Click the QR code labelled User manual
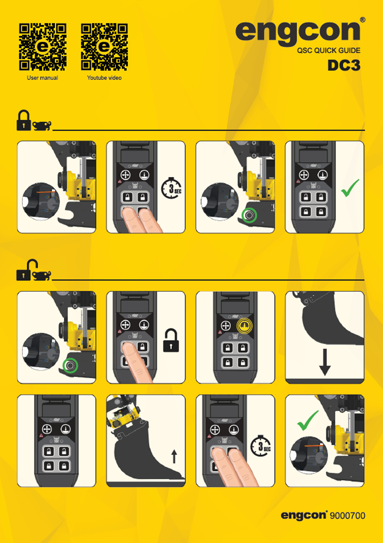[x=43, y=47]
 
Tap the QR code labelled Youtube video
[x=104, y=47]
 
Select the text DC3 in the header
[x=344, y=65]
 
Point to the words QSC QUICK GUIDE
[x=329, y=50]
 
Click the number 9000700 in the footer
[x=347, y=515]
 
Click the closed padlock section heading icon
[x=24, y=120]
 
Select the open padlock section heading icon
[x=27, y=270]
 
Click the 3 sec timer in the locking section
[x=171, y=188]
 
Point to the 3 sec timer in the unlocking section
[x=261, y=446]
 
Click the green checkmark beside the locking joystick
[x=350, y=188]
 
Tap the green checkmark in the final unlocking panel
[x=308, y=420]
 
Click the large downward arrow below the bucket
[x=325, y=362]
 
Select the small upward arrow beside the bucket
[x=174, y=456]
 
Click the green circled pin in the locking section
[x=249, y=215]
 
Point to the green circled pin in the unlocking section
[x=70, y=365]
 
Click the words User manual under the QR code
[x=43, y=78]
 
